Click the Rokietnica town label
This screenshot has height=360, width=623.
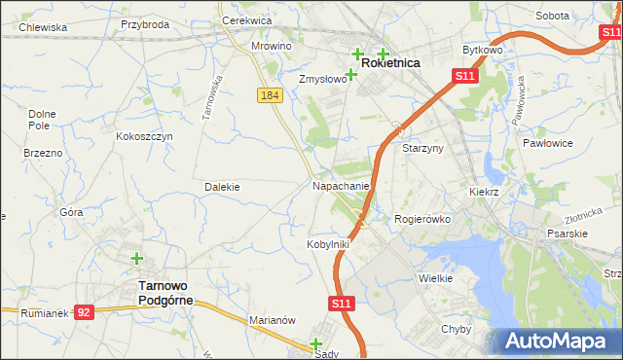pyautogui.click(x=391, y=62)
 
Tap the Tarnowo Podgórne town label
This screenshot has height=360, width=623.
pyautogui.click(x=165, y=293)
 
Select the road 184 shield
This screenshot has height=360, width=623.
pyautogui.click(x=270, y=94)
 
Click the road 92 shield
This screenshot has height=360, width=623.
pyautogui.click(x=85, y=312)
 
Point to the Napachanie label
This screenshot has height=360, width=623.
pyautogui.click(x=341, y=185)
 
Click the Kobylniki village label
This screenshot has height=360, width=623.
pyautogui.click(x=328, y=244)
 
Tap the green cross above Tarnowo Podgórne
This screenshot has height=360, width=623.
pyautogui.click(x=137, y=259)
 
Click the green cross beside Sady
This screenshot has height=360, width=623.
pyautogui.click(x=315, y=343)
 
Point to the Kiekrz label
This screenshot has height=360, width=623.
pyautogui.click(x=483, y=193)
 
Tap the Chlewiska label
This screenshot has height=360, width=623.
pyautogui.click(x=35, y=27)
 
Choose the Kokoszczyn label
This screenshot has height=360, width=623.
pyautogui.click(x=144, y=137)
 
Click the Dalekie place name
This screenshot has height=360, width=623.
pyautogui.click(x=222, y=186)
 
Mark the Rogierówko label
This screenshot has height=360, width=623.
pyautogui.click(x=422, y=220)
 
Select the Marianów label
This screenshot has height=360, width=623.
pyautogui.click(x=272, y=319)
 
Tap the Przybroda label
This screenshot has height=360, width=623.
pyautogui.click(x=145, y=24)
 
